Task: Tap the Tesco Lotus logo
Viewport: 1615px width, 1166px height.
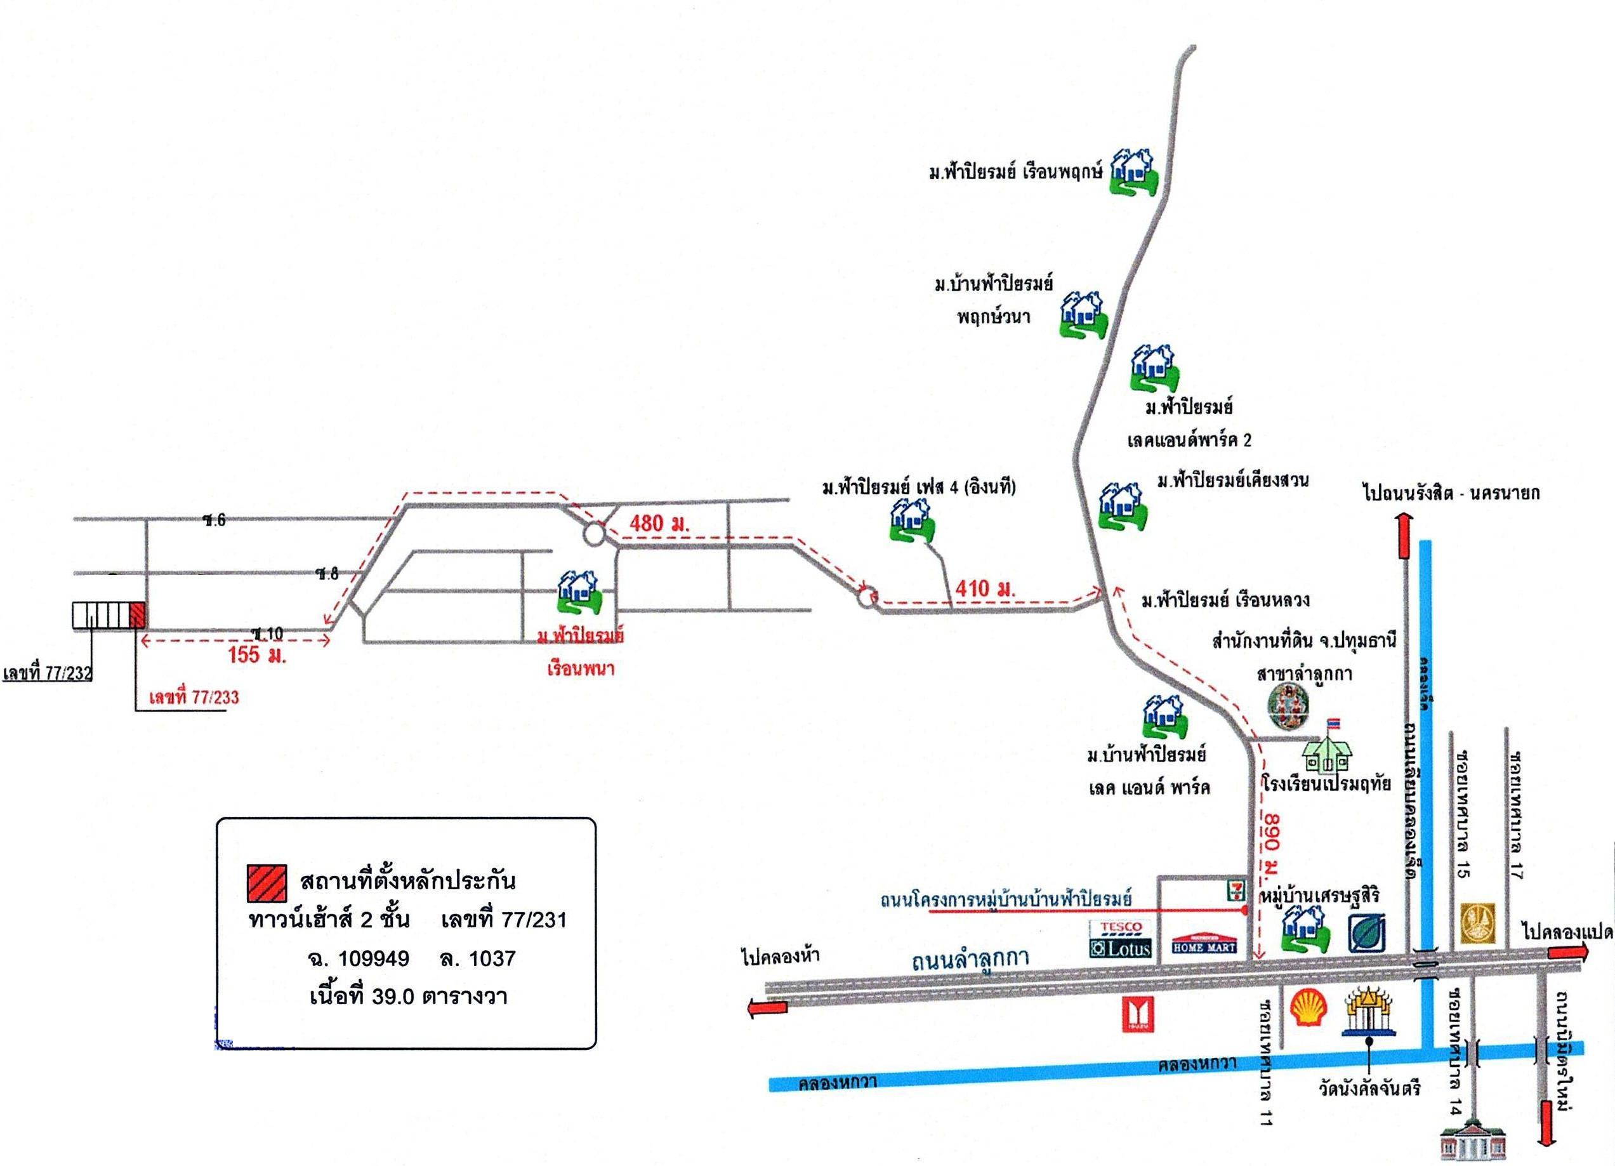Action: point(1120,939)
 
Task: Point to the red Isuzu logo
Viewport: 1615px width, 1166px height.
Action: point(1137,1014)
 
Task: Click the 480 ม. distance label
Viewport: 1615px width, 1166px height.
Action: point(658,524)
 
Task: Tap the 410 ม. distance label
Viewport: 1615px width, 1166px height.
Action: point(985,588)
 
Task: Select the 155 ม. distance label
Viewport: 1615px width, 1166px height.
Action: point(256,654)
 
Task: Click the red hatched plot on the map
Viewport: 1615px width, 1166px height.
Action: point(138,614)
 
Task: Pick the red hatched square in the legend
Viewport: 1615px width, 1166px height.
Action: point(267,883)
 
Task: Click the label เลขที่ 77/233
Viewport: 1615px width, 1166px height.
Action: point(194,696)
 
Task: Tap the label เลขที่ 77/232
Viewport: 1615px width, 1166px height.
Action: point(48,673)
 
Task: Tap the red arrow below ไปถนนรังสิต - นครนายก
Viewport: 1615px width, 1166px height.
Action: point(1404,538)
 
